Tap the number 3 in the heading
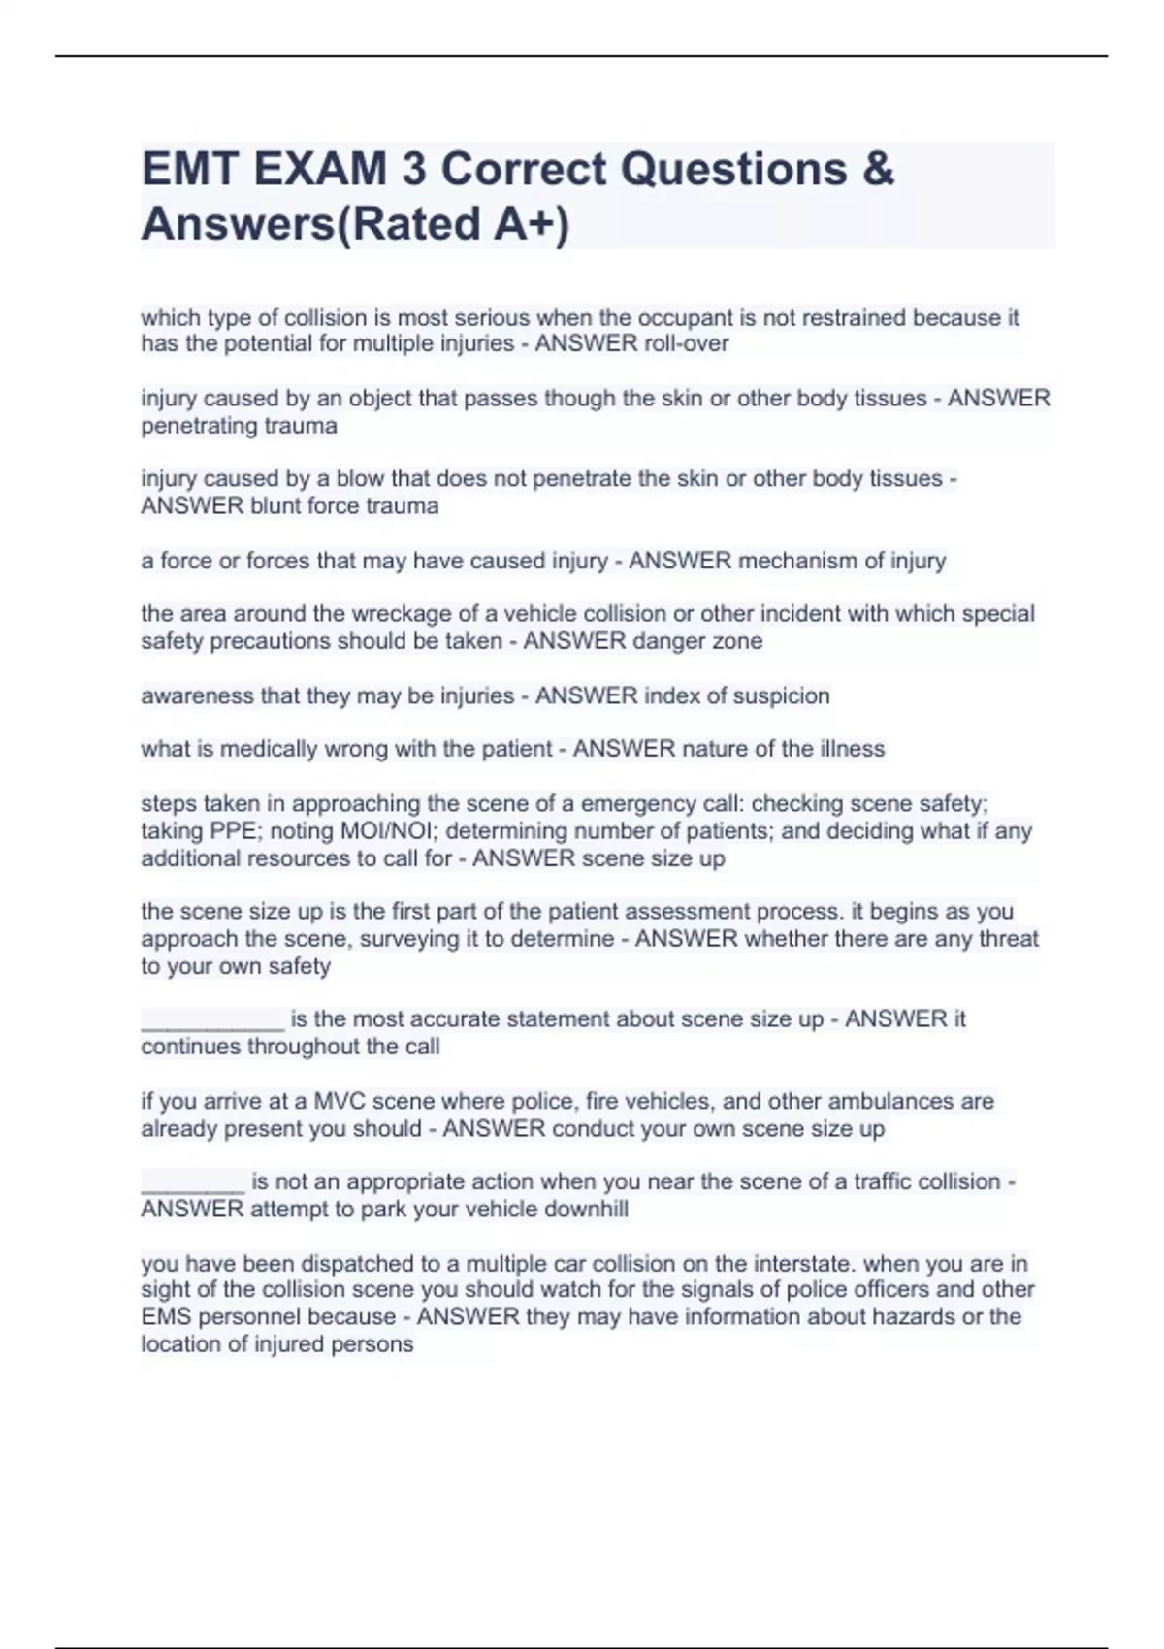(413, 170)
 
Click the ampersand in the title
(877, 170)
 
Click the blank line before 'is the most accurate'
(212, 1021)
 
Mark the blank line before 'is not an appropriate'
(192, 1183)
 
